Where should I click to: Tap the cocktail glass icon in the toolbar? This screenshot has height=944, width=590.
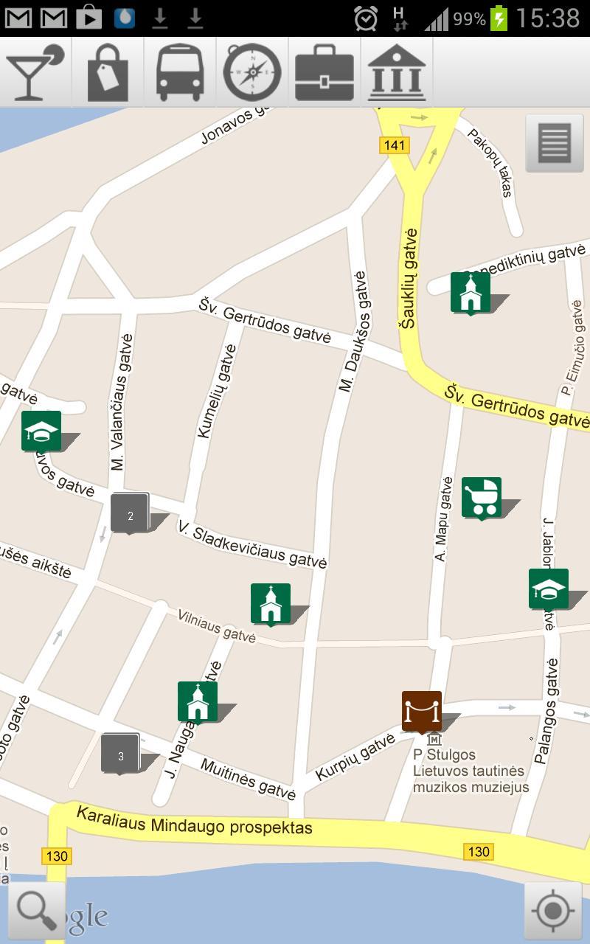tap(34, 72)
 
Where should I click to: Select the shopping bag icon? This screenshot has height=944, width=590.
tap(108, 72)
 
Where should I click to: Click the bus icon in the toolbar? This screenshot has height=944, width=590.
tap(180, 72)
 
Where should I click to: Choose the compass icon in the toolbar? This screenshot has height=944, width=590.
tap(252, 72)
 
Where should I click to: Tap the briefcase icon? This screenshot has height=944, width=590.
tap(324, 72)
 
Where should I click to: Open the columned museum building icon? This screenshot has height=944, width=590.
tap(397, 72)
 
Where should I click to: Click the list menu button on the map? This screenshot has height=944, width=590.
tap(555, 142)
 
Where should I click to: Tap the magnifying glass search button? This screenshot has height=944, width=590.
tap(36, 910)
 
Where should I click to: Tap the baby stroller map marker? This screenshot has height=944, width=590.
tap(482, 497)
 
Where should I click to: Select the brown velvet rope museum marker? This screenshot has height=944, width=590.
tap(422, 711)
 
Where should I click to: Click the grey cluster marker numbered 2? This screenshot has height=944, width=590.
tap(130, 513)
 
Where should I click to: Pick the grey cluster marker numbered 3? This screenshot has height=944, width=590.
tap(120, 753)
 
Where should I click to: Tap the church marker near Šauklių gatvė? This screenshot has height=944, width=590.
tap(471, 292)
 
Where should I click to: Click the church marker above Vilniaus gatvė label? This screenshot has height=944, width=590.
tap(271, 603)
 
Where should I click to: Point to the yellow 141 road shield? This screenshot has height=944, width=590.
tap(395, 145)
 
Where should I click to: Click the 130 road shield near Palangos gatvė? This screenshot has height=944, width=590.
tap(478, 852)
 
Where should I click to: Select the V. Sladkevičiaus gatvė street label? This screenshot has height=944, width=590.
tap(251, 544)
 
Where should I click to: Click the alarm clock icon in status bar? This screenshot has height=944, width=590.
tap(366, 18)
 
